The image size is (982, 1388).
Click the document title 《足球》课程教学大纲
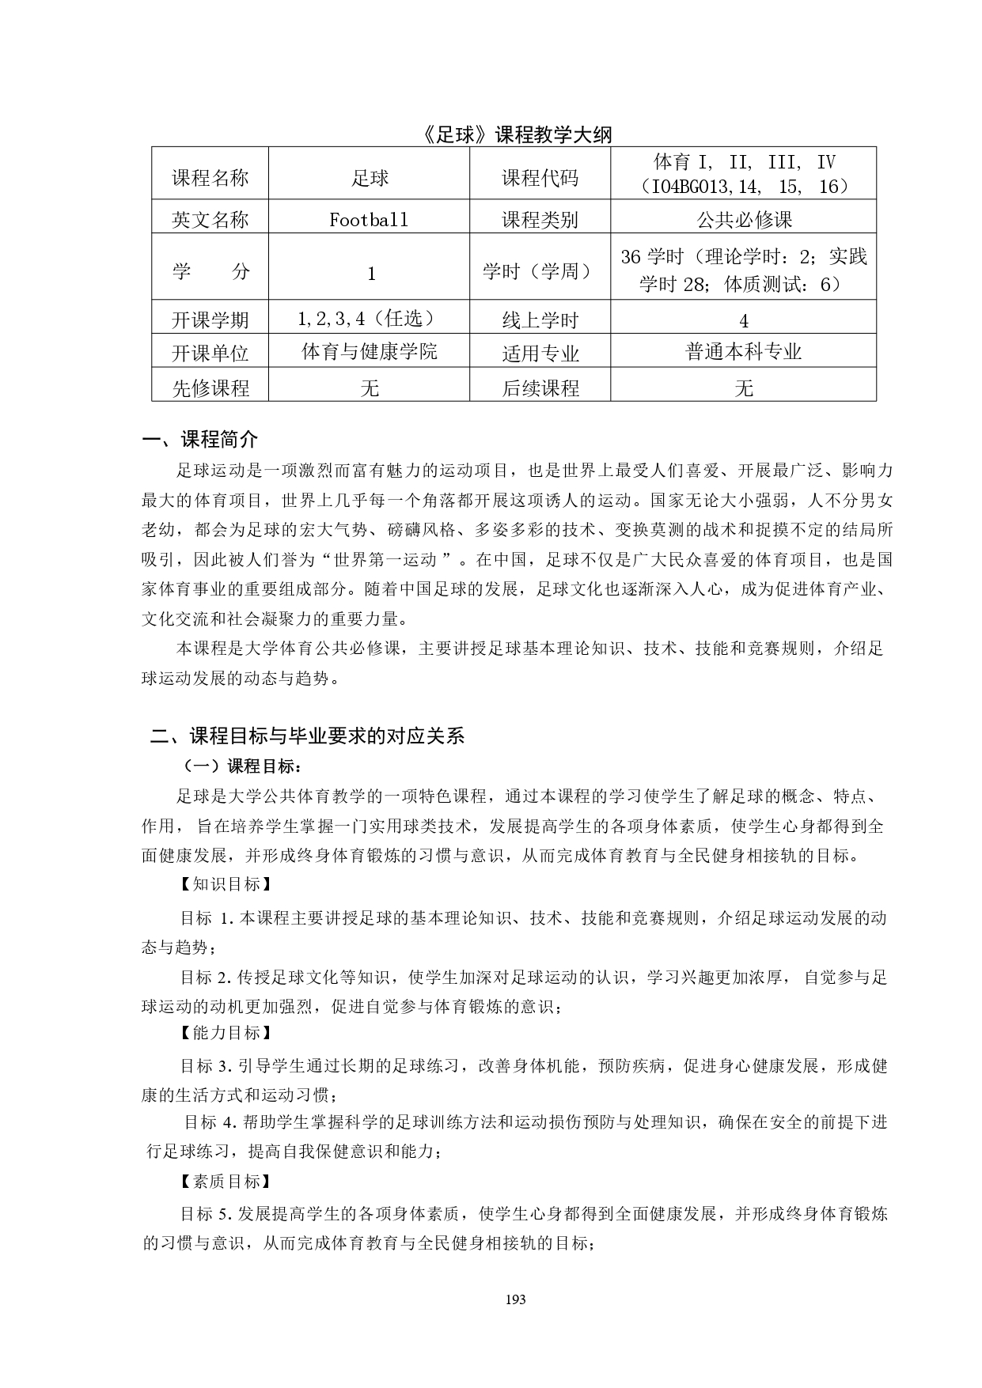[517, 134]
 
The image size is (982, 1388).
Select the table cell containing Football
[369, 219]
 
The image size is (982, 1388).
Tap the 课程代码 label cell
[540, 178]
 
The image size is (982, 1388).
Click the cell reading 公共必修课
[744, 219]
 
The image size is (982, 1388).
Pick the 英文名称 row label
[210, 219]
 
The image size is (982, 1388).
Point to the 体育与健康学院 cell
[369, 350]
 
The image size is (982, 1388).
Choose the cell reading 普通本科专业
[744, 352]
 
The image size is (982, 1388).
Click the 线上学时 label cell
[540, 320]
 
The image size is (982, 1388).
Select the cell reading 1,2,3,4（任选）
[369, 319]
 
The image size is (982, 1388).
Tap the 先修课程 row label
[210, 388]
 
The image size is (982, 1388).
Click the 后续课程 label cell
[540, 388]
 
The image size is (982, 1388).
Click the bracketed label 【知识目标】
[224, 884]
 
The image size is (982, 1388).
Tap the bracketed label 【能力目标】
[224, 1033]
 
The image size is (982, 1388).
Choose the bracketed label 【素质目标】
[224, 1182]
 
